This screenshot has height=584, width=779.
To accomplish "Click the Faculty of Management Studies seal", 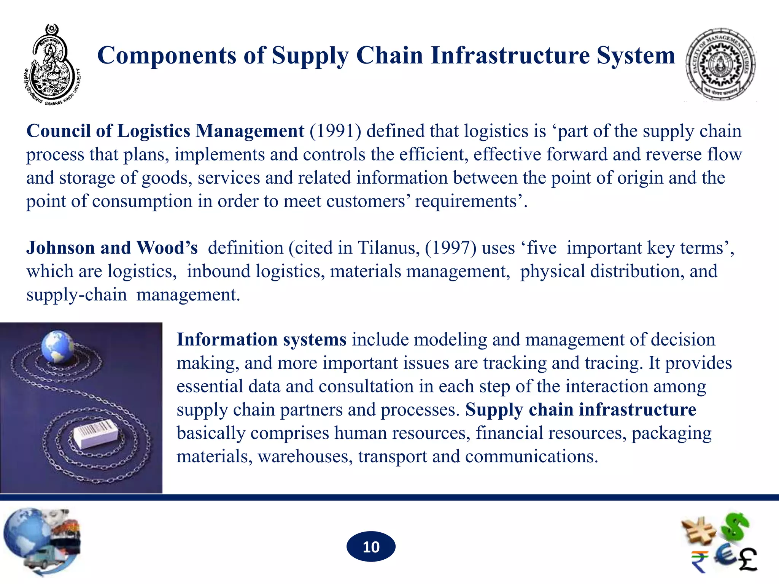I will pyautogui.click(x=720, y=65).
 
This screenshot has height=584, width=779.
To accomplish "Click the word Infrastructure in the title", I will pyautogui.click(x=510, y=56).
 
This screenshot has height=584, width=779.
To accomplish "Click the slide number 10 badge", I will pyautogui.click(x=371, y=547).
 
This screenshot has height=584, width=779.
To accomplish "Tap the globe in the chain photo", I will pyautogui.click(x=57, y=347).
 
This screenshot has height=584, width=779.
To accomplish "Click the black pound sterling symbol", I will pyautogui.click(x=747, y=560).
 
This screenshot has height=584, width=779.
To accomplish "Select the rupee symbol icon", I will pyautogui.click(x=700, y=562).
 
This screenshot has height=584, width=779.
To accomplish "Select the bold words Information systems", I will pyautogui.click(x=261, y=340).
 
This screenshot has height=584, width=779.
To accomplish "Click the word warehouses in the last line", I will pyautogui.click(x=305, y=457).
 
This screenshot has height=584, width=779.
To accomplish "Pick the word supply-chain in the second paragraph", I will pyautogui.click(x=76, y=295).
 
